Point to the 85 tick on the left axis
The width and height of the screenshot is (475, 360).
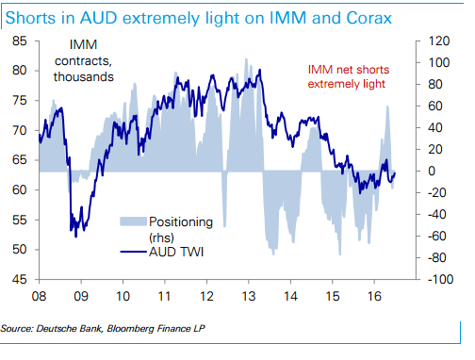click(x=18, y=41)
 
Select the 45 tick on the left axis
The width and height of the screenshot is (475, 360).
click(x=18, y=280)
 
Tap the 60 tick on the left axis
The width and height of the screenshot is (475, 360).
click(x=18, y=190)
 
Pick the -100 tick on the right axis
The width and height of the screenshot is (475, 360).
click(x=420, y=280)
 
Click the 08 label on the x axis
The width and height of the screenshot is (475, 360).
click(x=39, y=295)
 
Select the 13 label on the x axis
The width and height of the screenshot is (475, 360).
click(x=248, y=295)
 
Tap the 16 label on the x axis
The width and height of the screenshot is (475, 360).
click(x=373, y=295)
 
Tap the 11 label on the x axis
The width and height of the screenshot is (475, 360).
click(x=164, y=295)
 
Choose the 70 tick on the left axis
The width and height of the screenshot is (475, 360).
click(x=18, y=131)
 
